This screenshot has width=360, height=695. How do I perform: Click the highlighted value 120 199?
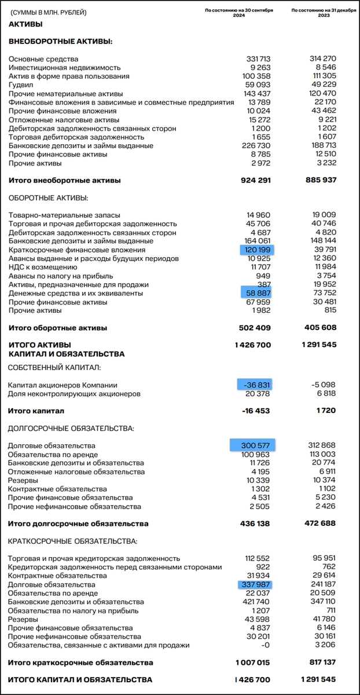tap(257, 250)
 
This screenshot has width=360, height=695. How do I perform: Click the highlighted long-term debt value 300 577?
tap(253, 445)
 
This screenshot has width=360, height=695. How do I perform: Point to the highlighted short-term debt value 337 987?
tap(255, 585)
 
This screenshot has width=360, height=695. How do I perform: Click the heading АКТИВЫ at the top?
tap(25, 24)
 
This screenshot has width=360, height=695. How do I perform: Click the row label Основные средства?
tap(43, 59)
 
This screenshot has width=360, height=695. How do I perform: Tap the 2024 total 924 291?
tap(255, 180)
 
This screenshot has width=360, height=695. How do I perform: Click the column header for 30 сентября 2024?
tap(239, 13)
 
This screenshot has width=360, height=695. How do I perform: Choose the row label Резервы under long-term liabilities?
tap(23, 481)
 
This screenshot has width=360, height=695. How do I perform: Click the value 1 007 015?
tap(253, 662)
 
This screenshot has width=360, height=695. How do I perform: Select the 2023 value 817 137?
tap(319, 662)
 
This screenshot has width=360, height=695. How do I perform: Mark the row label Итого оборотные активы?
tap(57, 328)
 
